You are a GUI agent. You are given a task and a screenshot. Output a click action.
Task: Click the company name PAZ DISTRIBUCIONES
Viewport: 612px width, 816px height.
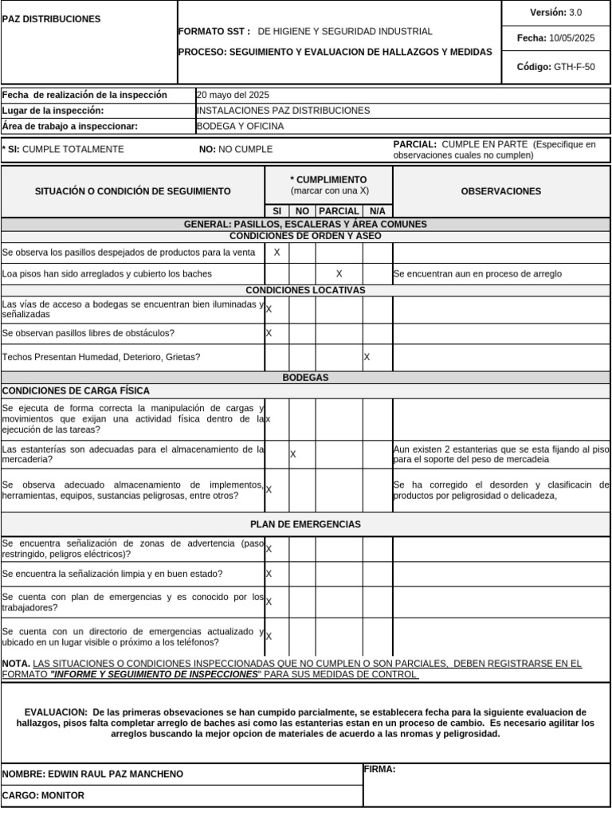(51, 18)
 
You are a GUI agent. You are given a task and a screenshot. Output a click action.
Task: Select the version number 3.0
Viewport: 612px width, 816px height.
(575, 12)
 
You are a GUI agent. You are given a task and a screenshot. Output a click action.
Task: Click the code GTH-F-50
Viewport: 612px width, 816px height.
(574, 67)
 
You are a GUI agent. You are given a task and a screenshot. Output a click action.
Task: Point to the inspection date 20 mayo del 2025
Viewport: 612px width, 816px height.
(233, 95)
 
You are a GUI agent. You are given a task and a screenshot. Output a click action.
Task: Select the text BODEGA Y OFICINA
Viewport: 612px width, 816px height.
(240, 126)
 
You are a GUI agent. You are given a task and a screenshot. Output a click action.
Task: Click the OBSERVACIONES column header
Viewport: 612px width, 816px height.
(500, 191)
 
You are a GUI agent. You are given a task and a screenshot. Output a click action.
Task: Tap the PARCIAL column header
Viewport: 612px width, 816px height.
(339, 211)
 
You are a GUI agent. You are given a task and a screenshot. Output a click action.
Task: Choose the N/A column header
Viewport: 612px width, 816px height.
(377, 211)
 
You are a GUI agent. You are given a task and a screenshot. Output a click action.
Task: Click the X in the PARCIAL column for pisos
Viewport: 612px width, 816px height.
(339, 274)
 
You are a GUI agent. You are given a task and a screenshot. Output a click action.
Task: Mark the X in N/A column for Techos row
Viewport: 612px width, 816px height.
(367, 357)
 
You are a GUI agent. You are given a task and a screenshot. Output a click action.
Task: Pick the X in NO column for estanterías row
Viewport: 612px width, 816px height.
(293, 454)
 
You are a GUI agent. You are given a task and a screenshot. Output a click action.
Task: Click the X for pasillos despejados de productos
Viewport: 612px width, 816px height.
(277, 253)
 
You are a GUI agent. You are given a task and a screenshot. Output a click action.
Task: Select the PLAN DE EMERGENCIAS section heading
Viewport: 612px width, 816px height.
(305, 524)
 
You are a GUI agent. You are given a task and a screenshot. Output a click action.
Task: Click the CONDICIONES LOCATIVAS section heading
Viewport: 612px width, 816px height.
(305, 290)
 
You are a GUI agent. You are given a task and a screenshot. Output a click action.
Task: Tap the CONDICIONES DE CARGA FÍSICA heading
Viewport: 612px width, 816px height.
(76, 390)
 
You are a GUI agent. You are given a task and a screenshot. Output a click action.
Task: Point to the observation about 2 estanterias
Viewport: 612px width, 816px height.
(501, 454)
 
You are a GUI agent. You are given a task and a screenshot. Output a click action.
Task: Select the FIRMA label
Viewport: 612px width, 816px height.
(380, 770)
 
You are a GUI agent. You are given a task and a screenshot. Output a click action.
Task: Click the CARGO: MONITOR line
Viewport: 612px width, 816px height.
(43, 795)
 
